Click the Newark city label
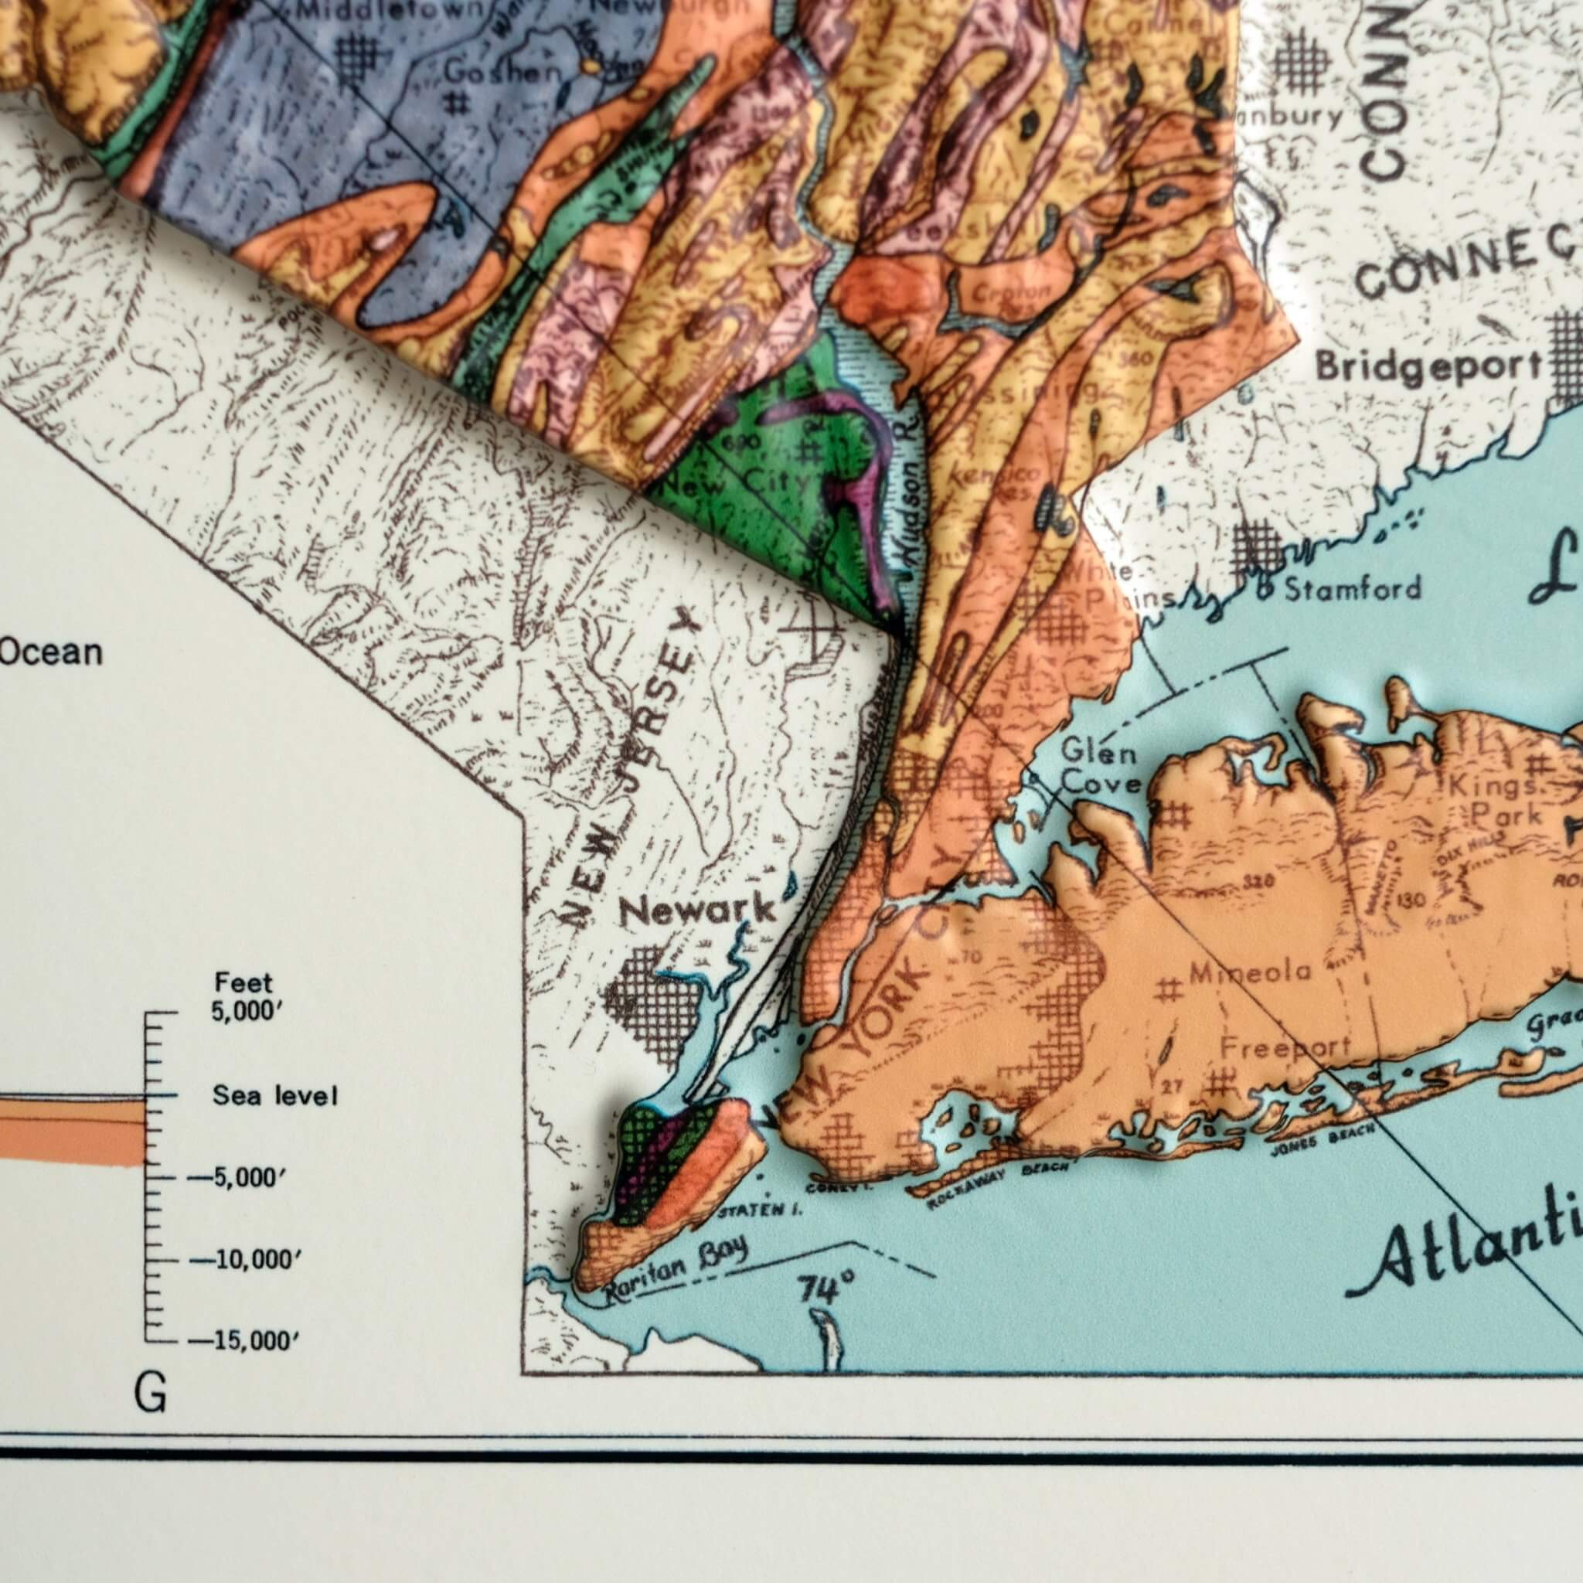(x=696, y=911)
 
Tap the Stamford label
(x=1352, y=588)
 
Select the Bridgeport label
(x=1428, y=366)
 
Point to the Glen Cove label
(x=1101, y=767)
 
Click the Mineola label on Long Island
(x=1251, y=972)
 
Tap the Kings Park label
(x=1493, y=800)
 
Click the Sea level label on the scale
(x=274, y=1095)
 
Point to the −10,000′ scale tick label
(x=244, y=1259)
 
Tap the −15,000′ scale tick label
(x=244, y=1341)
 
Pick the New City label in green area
(x=737, y=483)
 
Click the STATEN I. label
(x=760, y=1210)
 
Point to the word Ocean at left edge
(x=51, y=653)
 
